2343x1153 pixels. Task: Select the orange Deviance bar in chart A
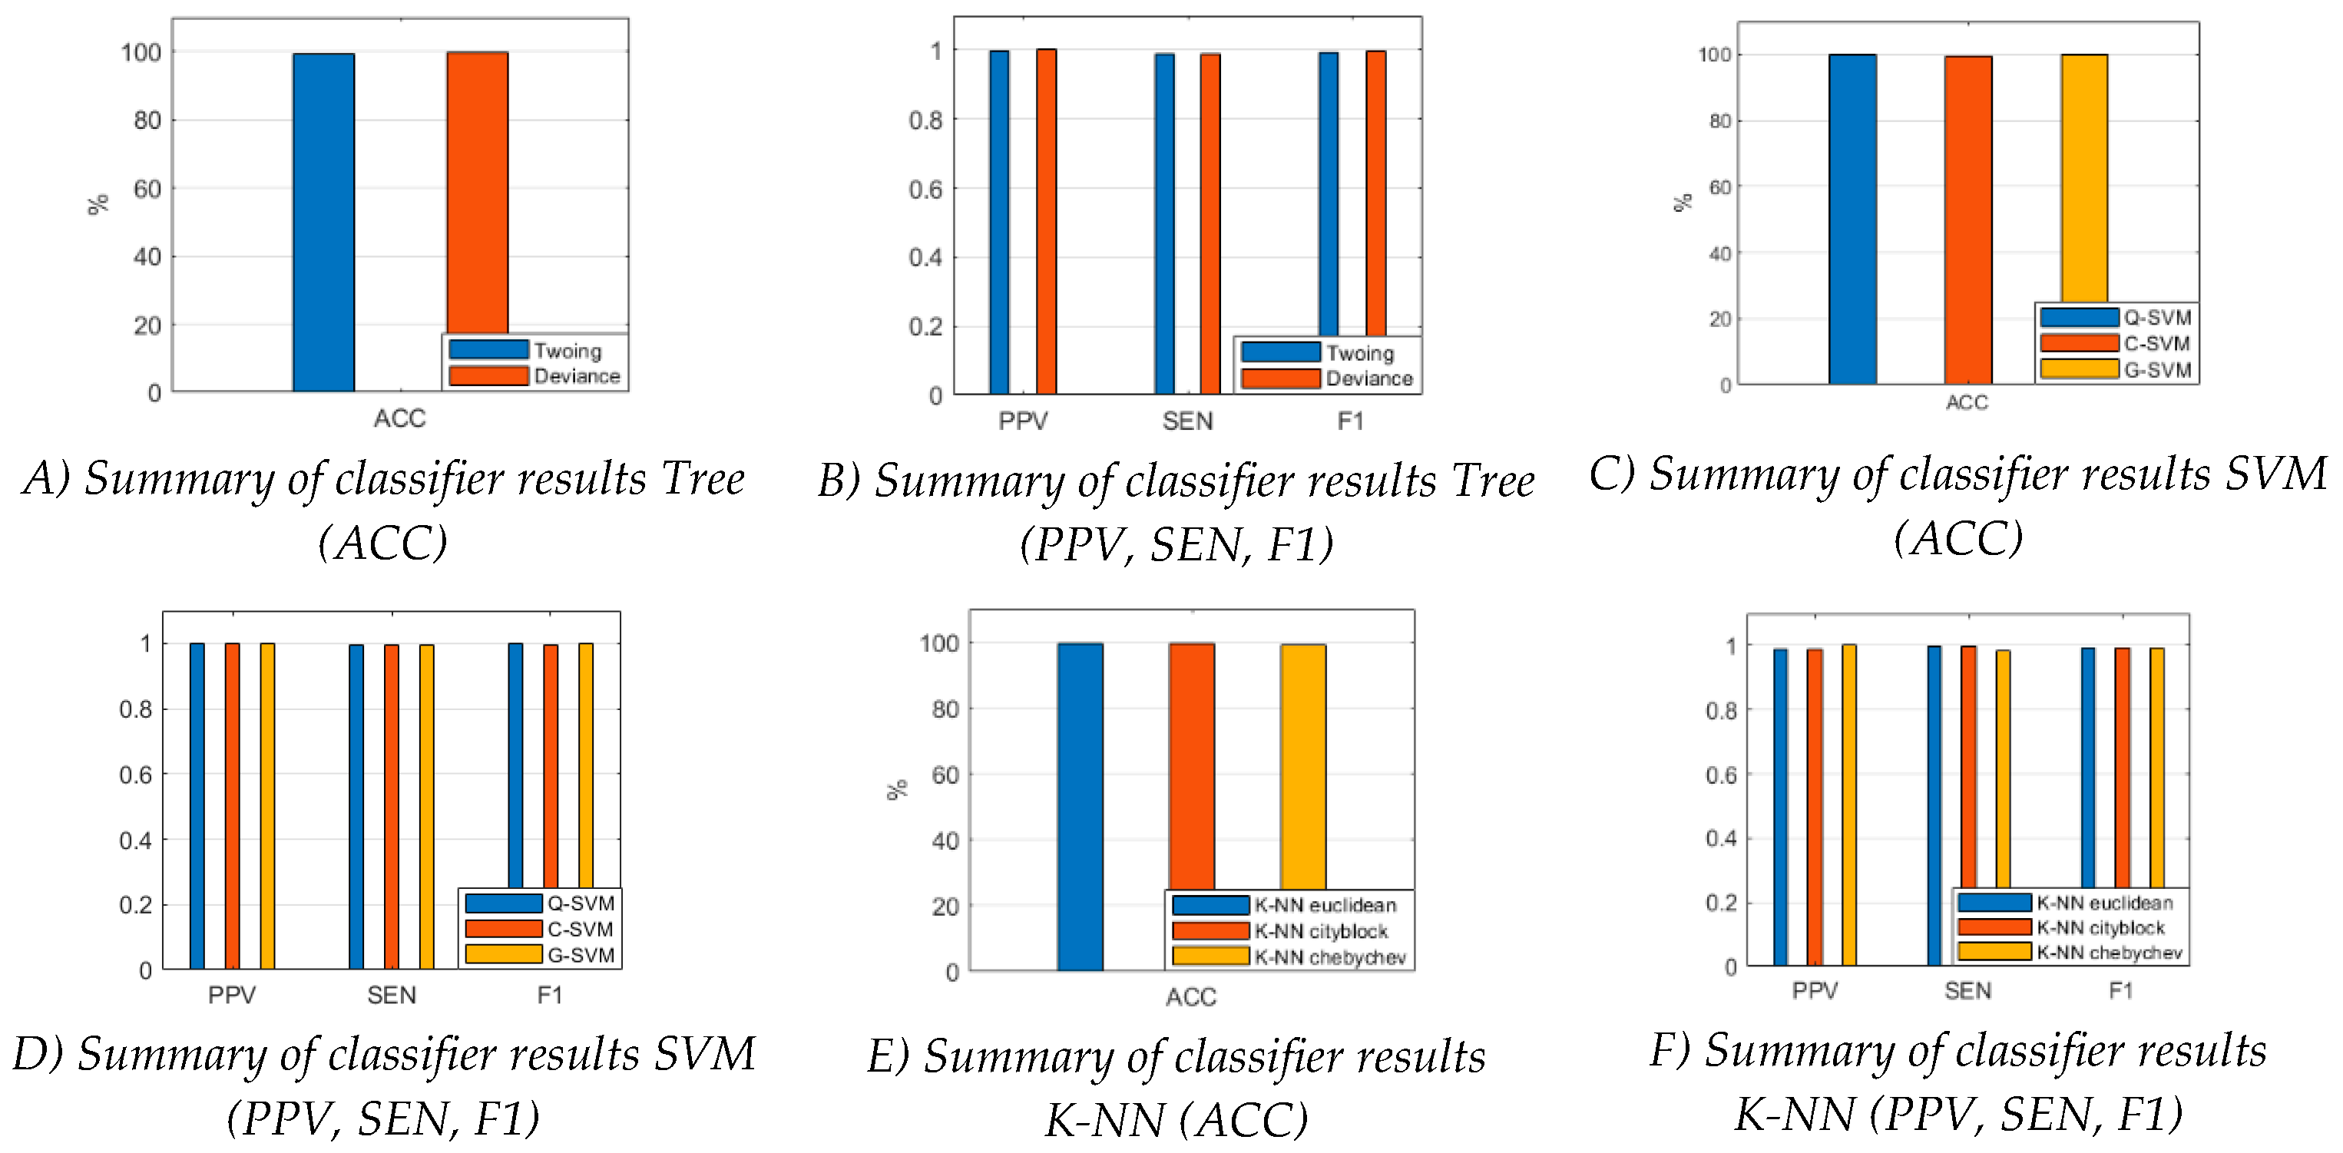477,191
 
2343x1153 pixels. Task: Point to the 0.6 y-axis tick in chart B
925,189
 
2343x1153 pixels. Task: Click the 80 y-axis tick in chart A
147,120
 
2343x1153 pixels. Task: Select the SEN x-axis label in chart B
1187,421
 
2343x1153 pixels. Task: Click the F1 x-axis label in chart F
2120,990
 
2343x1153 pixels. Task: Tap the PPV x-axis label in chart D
232,995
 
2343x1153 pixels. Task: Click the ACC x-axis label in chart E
1190,997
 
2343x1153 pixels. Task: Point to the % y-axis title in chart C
1683,202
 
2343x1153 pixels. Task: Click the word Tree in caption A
703,478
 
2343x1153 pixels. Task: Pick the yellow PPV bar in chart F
1848,804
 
